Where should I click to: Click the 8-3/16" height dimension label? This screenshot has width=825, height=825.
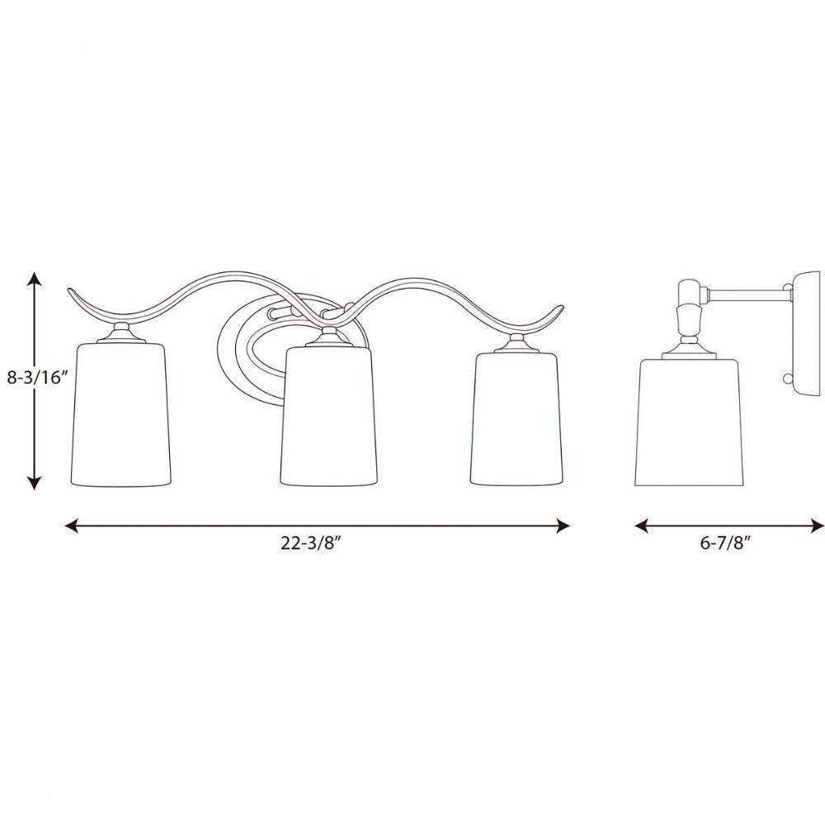pos(38,377)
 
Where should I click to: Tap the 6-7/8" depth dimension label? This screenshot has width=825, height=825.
pos(724,544)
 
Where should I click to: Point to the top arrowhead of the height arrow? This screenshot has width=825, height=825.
pos(35,278)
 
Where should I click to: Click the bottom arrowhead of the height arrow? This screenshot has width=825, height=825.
pos(35,483)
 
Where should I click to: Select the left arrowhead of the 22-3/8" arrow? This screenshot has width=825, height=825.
pos(72,526)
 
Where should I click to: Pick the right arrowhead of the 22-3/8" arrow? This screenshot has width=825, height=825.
pos(563,526)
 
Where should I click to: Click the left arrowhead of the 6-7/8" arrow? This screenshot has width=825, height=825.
pos(641,526)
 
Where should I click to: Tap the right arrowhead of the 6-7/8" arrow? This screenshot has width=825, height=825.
pos(817,526)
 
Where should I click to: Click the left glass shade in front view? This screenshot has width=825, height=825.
pos(121,415)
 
